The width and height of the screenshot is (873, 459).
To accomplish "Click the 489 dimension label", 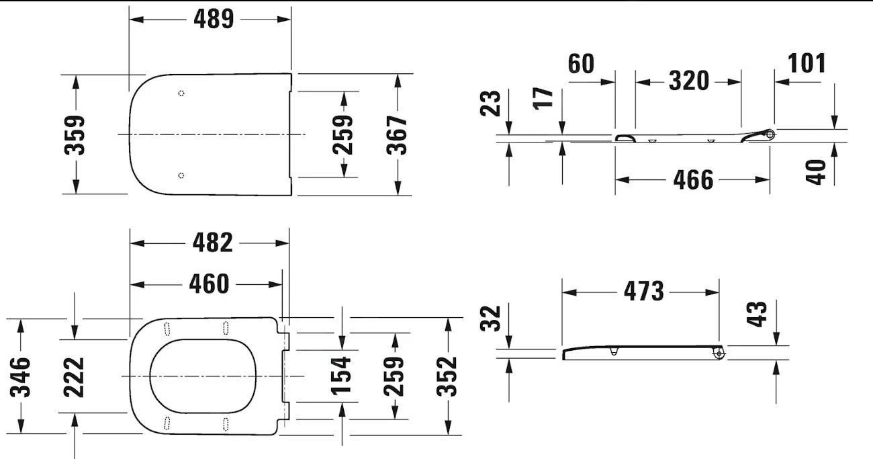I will [x=214, y=19].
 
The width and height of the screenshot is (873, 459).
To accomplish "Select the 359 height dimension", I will [x=76, y=134].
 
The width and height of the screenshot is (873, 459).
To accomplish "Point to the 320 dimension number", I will [x=689, y=81].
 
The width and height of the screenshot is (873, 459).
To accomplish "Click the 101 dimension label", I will [x=806, y=63].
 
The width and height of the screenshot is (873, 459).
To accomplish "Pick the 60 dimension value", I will [x=581, y=63].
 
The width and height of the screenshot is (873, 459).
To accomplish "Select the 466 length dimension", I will [x=693, y=179].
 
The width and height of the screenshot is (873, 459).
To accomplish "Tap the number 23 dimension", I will [x=492, y=104].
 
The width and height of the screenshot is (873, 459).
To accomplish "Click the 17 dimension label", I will [x=546, y=97].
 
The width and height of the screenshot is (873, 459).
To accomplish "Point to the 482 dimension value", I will [x=213, y=243].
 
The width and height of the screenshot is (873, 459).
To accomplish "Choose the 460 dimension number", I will [x=209, y=284].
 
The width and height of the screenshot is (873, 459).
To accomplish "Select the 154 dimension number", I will [x=342, y=375].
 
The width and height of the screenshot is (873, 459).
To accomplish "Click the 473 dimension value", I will [x=643, y=292].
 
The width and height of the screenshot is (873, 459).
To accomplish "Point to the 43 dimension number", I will [x=757, y=315].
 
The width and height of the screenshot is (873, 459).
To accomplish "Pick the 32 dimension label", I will [x=492, y=319].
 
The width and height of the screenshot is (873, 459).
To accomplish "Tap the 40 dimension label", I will [x=817, y=171].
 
